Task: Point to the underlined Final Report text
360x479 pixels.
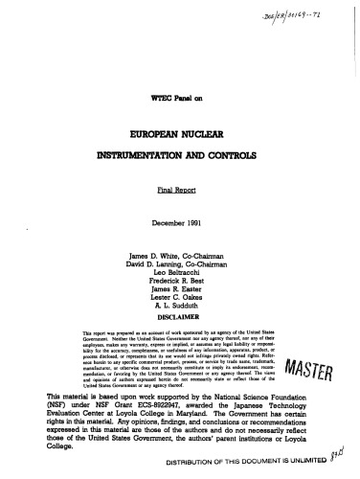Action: coord(179,191)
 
